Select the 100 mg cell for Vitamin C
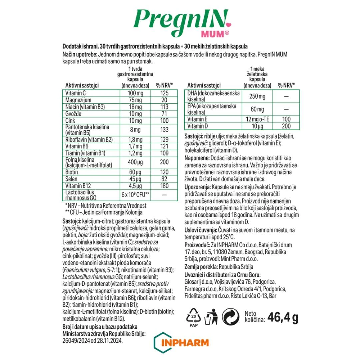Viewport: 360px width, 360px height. coord(135,93)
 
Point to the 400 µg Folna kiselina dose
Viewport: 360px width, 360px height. coord(135,163)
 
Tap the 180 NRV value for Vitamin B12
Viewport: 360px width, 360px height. coord(164,186)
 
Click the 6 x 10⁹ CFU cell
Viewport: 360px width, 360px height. coord(135,195)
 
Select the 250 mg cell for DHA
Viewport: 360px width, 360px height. coord(257,96)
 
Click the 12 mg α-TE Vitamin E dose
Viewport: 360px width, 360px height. coord(257,119)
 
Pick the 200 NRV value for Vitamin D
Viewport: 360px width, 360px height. coord(285,126)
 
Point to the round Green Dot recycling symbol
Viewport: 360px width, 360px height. coord(230,317)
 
